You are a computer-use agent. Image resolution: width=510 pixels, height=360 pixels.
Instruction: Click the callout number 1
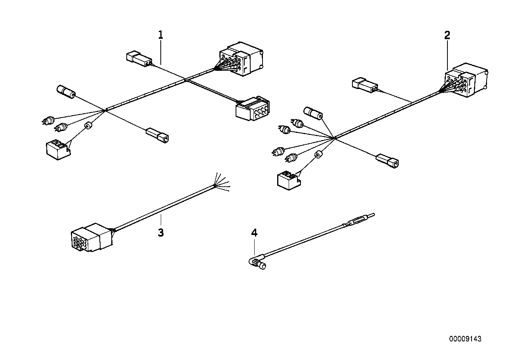click(160, 35)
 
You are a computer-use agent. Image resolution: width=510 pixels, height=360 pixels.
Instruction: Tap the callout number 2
click(447, 35)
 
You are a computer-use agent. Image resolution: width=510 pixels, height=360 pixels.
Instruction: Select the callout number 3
click(160, 233)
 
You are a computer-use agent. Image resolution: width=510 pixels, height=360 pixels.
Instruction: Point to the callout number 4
click(254, 233)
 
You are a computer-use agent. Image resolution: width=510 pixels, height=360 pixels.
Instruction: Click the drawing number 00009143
click(465, 339)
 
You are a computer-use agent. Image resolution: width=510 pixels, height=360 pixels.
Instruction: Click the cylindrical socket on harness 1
click(67, 92)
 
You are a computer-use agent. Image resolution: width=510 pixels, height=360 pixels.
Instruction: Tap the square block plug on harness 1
click(57, 150)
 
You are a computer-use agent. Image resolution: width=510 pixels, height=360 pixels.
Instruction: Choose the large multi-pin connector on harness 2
click(468, 80)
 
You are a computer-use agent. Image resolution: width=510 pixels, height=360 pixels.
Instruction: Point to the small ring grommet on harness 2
click(318, 155)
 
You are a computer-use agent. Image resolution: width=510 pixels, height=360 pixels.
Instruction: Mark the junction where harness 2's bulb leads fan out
click(335, 138)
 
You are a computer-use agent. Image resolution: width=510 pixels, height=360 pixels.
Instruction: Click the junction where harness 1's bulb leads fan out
click(105, 110)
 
